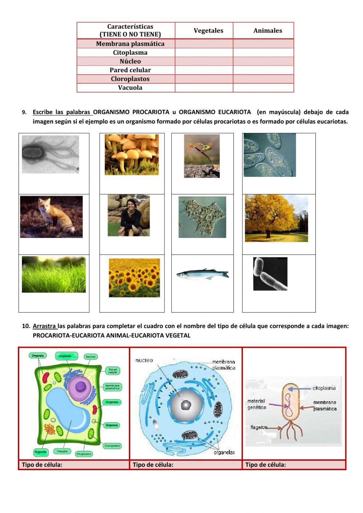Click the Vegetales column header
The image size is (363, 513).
pos(208,31)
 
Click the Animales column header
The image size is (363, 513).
pos(268,31)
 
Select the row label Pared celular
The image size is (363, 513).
pos(130,70)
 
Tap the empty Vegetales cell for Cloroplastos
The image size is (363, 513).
pos(204,79)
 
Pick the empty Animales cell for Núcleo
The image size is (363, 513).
pos(263,61)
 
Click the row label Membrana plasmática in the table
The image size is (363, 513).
pos(130,44)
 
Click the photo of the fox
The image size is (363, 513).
pos(51,217)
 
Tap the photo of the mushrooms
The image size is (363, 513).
pos(131,154)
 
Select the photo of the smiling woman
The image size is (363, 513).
pos(129,215)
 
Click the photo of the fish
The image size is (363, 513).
pos(202,274)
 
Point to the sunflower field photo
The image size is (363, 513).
pos(134,278)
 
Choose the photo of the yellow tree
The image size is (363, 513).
pos(276,218)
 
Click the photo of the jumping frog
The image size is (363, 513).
pos(201,156)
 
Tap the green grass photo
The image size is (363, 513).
pos(54,274)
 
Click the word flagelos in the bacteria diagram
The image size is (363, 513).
pos(258,427)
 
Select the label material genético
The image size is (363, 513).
pos(257,404)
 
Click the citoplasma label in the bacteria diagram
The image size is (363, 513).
pos(324,388)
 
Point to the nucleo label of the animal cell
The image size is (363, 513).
pos(144,361)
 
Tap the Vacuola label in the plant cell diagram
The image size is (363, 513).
pos(62,451)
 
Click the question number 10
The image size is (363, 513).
pos(26,326)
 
